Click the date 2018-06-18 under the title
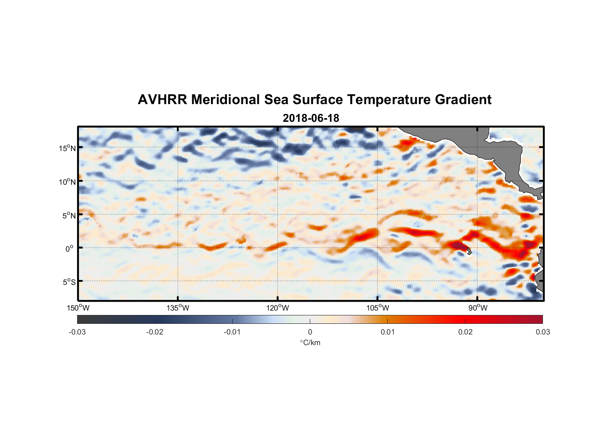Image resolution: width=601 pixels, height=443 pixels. [311, 118]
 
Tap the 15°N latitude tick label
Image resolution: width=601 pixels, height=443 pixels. [67, 148]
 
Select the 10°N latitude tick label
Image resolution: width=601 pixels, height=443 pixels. [67, 182]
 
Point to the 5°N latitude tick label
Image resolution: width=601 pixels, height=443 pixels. [69, 215]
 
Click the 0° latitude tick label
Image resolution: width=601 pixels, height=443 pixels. [70, 249]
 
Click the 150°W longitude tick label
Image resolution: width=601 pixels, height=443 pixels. [78, 308]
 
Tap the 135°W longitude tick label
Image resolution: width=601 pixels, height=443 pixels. [178, 308]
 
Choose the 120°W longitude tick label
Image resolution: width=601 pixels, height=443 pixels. [277, 308]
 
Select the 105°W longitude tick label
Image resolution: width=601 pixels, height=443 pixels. [378, 308]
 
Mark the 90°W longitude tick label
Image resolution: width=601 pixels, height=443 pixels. [477, 308]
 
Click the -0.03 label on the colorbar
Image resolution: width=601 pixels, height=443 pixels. [77, 332]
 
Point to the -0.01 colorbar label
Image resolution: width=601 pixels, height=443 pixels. [232, 332]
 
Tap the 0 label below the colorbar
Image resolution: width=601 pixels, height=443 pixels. [310, 332]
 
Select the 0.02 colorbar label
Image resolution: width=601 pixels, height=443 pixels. [465, 332]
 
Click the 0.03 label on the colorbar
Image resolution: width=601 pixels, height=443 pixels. [542, 332]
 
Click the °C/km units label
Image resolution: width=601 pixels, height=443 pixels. [310, 342]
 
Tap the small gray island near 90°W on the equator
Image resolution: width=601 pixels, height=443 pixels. [468, 251]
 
